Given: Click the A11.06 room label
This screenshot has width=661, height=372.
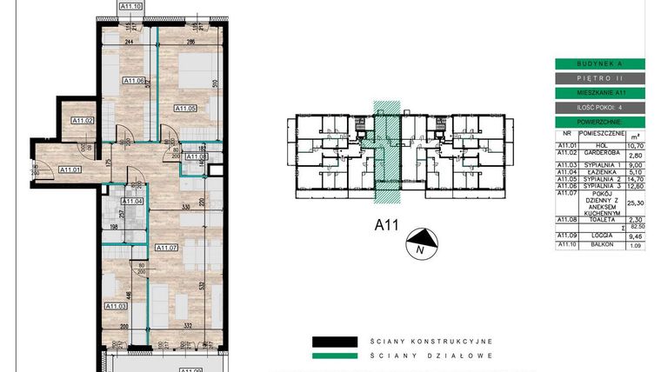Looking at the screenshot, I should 133,81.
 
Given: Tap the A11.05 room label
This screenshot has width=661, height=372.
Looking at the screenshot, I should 185,108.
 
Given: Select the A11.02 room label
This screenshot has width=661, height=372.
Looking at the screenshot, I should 83,120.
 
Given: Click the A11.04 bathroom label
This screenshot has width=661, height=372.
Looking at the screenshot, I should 132,201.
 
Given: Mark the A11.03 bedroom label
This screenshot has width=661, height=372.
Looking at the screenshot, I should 116,306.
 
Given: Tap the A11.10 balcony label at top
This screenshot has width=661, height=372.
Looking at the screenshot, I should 127,6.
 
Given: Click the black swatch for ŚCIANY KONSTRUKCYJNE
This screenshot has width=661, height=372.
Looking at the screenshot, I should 334,342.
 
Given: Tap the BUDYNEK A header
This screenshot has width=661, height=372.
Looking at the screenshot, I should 600,63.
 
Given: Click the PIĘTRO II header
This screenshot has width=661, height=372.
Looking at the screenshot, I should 600,77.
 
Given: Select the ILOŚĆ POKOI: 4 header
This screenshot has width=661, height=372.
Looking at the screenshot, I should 600,107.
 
